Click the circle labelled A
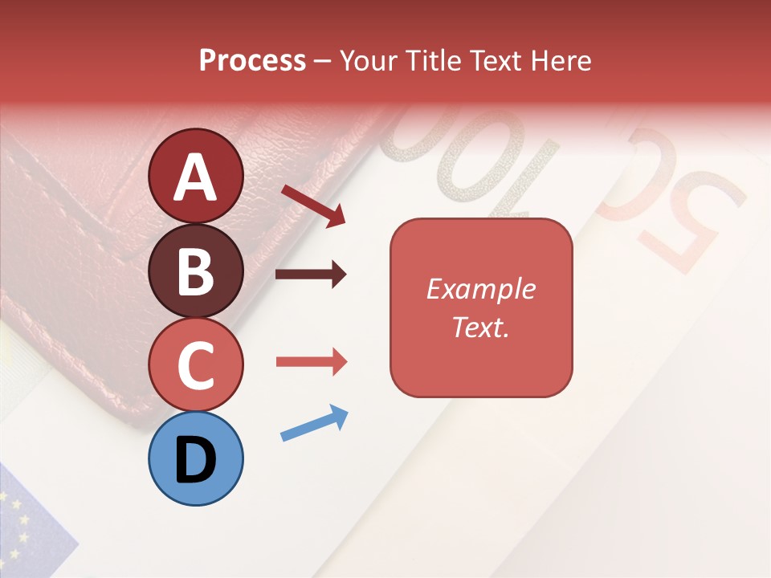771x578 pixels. coord(195,176)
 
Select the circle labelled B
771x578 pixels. coord(195,271)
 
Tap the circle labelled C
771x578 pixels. coord(195,365)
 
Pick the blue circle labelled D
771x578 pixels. coord(195,458)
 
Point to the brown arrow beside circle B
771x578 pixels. coord(311,275)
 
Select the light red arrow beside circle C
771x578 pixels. coord(311,362)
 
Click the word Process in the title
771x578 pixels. coord(252,61)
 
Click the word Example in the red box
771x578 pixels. coord(480,289)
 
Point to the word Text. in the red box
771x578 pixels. coord(480,327)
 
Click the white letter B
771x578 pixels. coord(195,271)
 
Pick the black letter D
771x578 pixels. coord(195,459)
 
